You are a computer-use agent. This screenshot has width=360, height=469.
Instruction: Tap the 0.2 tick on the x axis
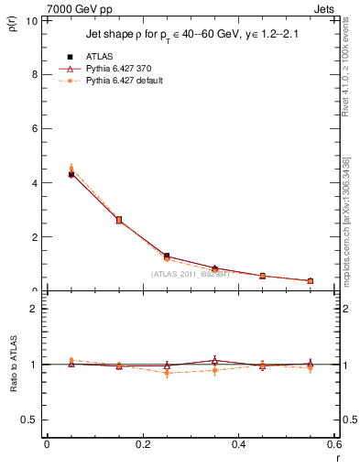click(x=143, y=444)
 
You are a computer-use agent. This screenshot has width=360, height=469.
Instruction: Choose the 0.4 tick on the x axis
click(x=239, y=444)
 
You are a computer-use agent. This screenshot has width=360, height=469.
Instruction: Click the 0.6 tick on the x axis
click(x=335, y=444)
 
